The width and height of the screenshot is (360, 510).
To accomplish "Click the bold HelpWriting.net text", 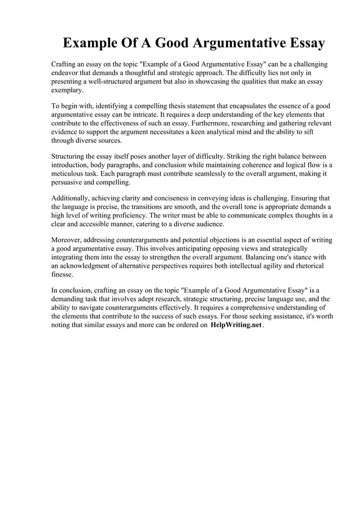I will coord(236,326).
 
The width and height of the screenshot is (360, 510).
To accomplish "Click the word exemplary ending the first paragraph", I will coord(67,90).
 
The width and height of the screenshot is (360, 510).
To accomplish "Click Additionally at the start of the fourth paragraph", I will coord(72,198).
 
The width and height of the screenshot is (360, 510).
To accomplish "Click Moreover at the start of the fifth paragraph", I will coord(68,240).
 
